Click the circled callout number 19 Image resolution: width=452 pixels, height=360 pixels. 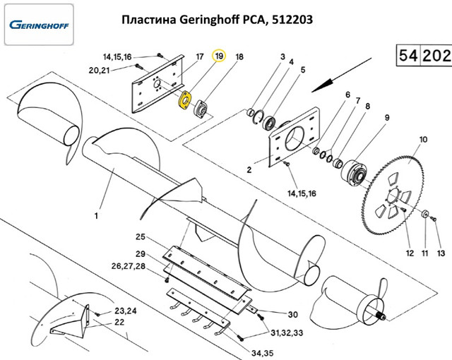[x=219, y=56]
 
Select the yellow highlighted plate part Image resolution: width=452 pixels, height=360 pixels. [x=185, y=101]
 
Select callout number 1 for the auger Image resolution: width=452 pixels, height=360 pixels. [x=97, y=215]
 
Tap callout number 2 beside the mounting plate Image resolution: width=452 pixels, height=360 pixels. [x=249, y=170]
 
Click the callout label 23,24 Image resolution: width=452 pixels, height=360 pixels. [x=125, y=310]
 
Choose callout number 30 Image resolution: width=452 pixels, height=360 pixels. [x=292, y=314]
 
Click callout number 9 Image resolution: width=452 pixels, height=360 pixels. [x=387, y=117]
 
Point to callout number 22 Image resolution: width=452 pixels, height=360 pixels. [x=119, y=322]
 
